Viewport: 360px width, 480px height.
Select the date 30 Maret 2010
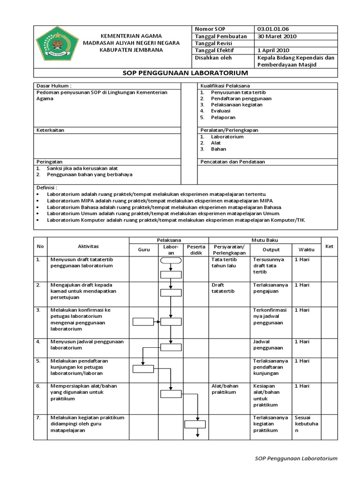coord(277,36)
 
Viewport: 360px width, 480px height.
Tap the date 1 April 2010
coord(274,50)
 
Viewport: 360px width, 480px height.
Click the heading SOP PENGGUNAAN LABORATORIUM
coord(185,73)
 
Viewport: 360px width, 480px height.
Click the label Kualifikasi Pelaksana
coord(225,86)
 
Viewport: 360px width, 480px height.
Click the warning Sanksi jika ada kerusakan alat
coord(82,168)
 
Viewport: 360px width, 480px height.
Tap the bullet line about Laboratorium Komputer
coord(176,219)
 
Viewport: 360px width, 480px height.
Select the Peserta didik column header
coord(196,249)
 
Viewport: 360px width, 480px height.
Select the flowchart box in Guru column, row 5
coord(143,369)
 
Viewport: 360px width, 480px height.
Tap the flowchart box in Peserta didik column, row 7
coord(196,425)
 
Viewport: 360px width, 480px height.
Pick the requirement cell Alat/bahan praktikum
coord(224,389)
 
